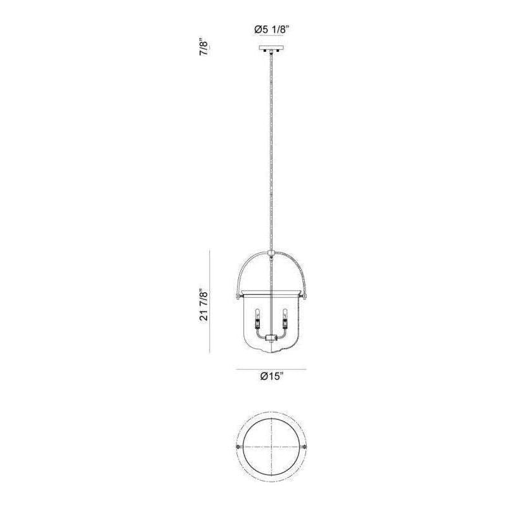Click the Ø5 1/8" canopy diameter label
(x=271, y=30)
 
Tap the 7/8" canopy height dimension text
(x=204, y=49)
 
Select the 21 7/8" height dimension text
(x=204, y=305)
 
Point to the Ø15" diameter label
(x=272, y=376)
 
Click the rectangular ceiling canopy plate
(x=271, y=47)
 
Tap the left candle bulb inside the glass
(x=257, y=313)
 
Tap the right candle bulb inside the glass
(x=285, y=313)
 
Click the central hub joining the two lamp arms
(x=271, y=338)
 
